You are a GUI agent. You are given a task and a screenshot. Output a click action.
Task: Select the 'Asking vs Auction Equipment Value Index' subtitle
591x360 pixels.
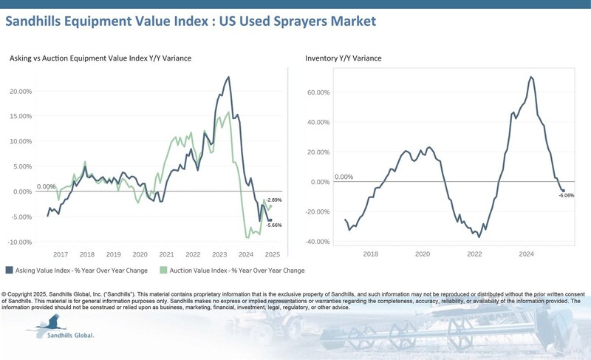(100, 58)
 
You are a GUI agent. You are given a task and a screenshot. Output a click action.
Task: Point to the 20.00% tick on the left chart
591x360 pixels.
(20, 91)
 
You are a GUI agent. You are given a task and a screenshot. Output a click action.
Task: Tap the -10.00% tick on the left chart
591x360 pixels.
(20, 242)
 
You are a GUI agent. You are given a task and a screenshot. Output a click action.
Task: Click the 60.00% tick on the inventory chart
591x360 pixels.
(318, 93)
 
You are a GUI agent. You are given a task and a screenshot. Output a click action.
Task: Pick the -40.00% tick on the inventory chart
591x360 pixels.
(317, 242)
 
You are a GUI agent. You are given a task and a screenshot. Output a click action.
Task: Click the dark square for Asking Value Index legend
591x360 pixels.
(9, 271)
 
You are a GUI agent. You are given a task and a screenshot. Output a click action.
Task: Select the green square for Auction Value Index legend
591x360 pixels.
(165, 271)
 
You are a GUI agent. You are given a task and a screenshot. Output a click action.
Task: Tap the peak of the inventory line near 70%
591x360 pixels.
(531, 77)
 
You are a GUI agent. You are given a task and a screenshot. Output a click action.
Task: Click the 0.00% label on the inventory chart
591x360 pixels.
(344, 177)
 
